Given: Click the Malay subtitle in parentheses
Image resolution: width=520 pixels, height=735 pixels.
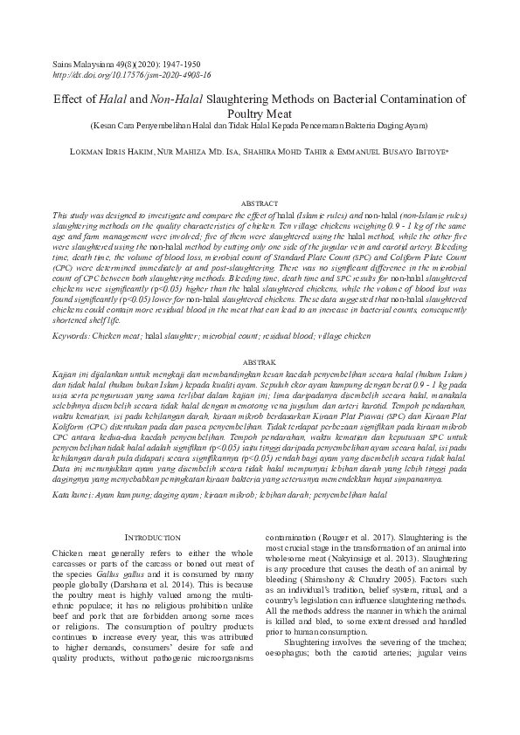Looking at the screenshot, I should click(260, 126).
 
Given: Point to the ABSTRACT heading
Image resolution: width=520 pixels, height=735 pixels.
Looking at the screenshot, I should click(259, 203).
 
